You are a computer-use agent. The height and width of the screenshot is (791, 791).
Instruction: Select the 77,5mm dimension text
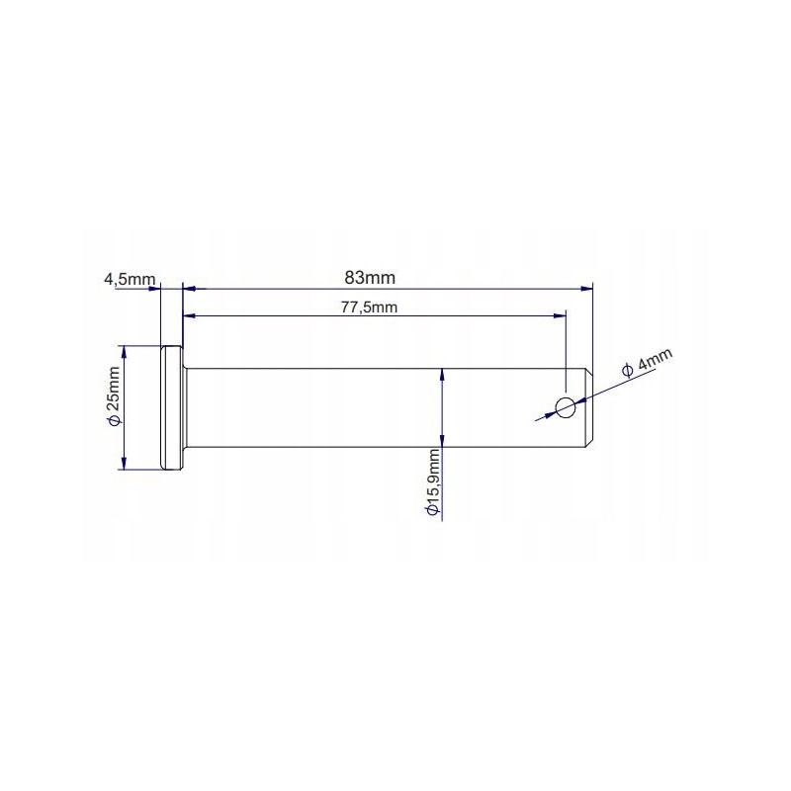(x=369, y=308)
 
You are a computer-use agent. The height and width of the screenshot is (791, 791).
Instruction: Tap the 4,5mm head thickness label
(x=130, y=280)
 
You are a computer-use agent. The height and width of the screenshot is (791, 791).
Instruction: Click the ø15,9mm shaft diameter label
(x=431, y=483)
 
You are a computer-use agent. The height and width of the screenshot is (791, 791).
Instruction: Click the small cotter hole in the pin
(x=566, y=406)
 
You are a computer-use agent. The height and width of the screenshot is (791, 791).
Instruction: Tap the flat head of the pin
(x=170, y=406)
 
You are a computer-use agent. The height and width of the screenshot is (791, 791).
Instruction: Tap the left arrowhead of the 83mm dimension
(x=189, y=289)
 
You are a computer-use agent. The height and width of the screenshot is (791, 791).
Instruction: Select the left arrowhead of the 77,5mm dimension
(x=189, y=316)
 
